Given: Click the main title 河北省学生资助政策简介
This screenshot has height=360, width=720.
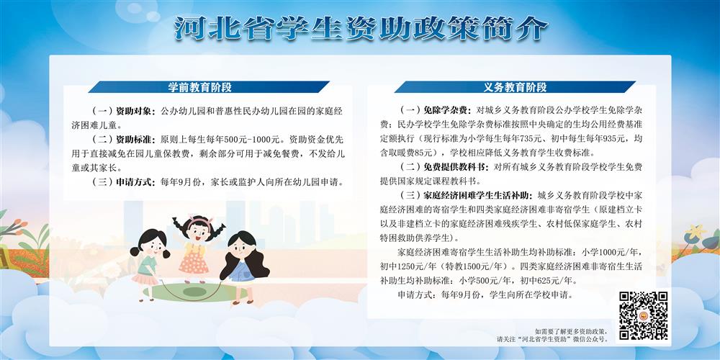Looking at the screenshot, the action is tap(361, 29).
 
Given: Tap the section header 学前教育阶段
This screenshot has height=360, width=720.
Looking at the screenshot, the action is tap(199, 87).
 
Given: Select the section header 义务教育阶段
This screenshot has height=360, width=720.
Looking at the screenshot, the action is tap(515, 87).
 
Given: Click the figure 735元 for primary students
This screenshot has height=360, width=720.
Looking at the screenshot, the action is tap(517, 138).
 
